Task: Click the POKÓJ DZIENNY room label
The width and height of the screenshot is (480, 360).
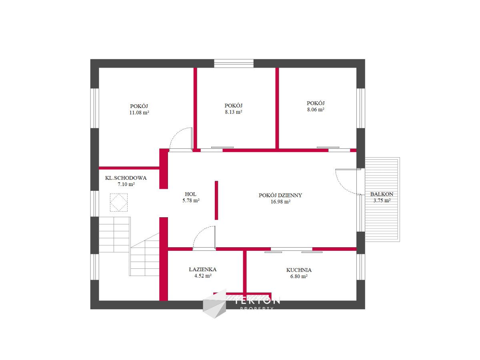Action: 280,195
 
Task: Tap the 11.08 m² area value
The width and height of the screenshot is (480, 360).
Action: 139,112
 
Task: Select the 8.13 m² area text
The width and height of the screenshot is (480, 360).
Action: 233,112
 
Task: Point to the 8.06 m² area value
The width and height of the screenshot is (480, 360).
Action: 316,110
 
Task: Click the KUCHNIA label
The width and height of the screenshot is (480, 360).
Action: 299,270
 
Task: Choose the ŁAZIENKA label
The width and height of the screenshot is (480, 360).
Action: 202,270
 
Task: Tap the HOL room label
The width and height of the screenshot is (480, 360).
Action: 190,194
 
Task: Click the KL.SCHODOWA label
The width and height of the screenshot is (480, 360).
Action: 126,178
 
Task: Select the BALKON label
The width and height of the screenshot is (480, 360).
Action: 382,194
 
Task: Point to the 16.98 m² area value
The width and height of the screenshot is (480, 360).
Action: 280,202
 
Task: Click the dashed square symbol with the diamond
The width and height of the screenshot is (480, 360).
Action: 119,202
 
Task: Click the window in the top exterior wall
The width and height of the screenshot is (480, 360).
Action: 234,63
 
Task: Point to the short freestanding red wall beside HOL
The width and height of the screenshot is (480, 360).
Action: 216,200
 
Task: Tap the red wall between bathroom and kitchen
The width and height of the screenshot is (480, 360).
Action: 245,271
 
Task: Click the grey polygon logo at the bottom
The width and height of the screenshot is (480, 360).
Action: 214,304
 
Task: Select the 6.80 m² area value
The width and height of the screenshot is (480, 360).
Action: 299,276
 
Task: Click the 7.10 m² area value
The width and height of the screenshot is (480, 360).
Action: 126,184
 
